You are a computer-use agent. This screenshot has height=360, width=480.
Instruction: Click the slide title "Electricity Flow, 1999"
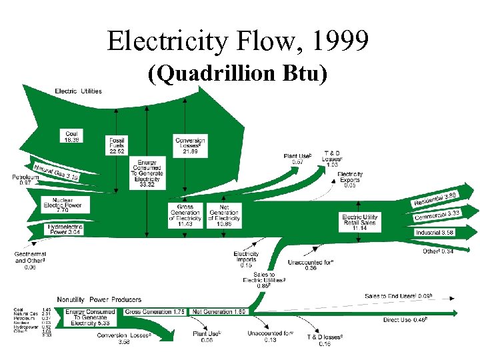click(239, 43)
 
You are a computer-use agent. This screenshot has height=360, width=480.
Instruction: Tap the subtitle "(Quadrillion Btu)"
click(239, 75)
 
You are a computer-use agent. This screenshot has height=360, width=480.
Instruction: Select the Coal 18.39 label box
click(72, 137)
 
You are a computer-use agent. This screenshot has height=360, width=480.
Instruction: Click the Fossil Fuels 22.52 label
click(117, 145)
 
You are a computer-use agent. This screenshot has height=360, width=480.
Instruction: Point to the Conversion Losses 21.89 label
click(190, 145)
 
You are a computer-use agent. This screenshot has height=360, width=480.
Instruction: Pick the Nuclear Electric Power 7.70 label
click(63, 205)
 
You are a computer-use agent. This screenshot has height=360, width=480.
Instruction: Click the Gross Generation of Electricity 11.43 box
click(185, 216)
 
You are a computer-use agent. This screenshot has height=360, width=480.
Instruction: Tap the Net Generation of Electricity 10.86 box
click(224, 216)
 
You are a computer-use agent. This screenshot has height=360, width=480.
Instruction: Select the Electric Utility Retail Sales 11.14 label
click(360, 222)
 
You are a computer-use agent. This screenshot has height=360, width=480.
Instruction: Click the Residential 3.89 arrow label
click(437, 197)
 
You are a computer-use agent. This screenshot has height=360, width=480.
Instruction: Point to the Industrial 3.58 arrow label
click(435, 232)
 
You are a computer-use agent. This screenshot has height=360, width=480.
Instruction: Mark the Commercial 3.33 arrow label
click(437, 215)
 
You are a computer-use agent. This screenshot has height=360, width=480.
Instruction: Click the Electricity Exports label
click(349, 179)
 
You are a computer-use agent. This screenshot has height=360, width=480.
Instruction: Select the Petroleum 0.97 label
click(25, 179)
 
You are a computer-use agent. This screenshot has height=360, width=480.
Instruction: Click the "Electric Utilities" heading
click(78, 91)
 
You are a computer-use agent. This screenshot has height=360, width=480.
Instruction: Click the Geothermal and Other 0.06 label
click(30, 261)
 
